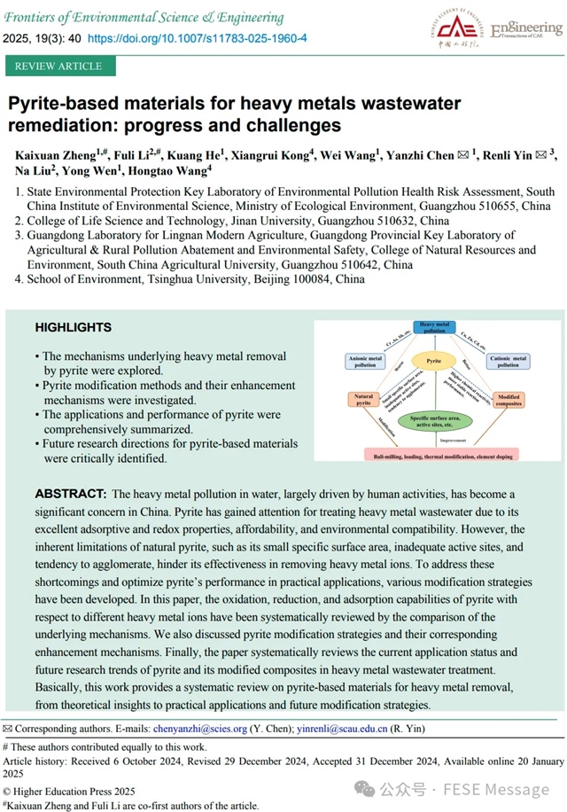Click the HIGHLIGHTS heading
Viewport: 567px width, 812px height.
coord(73,328)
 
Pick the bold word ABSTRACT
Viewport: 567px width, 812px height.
coord(70,493)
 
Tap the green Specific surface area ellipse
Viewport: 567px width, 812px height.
coord(434,419)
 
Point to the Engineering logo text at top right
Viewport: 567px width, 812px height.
coord(524,29)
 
